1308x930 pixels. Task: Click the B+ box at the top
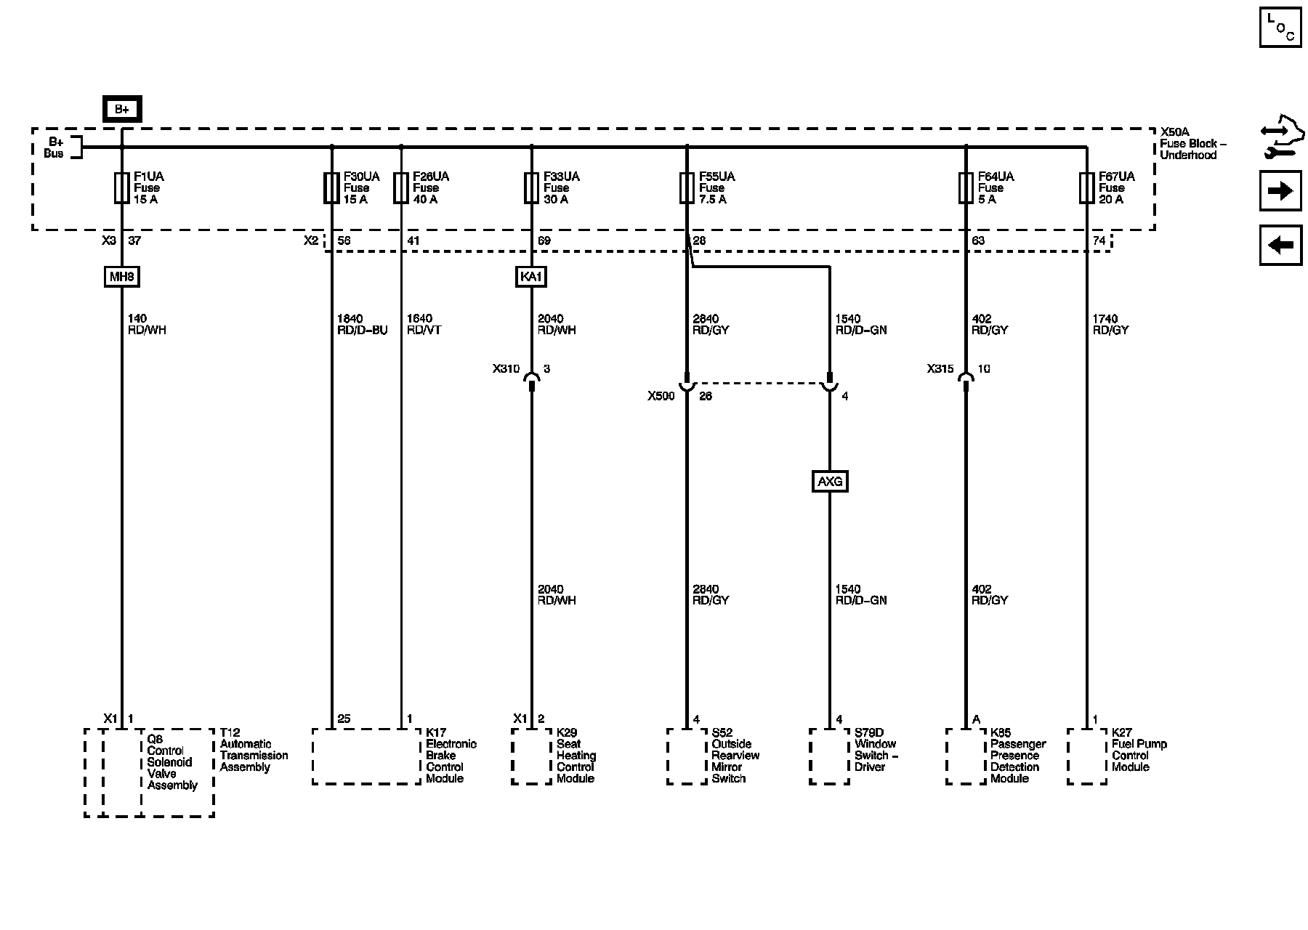121,109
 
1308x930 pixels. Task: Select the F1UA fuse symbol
122,187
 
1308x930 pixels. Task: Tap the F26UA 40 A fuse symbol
400,187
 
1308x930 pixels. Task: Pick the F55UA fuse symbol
687,187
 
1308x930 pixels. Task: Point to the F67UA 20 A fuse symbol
1087,187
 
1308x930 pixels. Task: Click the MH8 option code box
121,277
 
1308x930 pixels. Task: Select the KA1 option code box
530,277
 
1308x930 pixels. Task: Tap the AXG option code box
829,481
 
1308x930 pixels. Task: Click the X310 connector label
506,369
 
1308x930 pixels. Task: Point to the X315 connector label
940,369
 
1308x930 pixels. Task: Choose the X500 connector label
661,396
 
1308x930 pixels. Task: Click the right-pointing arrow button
1280,191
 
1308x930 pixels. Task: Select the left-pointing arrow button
1280,245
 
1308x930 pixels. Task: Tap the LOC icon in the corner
1280,28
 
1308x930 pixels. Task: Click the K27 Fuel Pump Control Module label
1139,750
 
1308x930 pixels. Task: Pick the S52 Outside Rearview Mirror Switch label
735,756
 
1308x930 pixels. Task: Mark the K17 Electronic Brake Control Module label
451,756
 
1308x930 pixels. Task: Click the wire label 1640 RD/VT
423,324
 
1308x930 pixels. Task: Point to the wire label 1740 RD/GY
1110,324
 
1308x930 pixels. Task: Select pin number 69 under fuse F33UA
544,240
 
